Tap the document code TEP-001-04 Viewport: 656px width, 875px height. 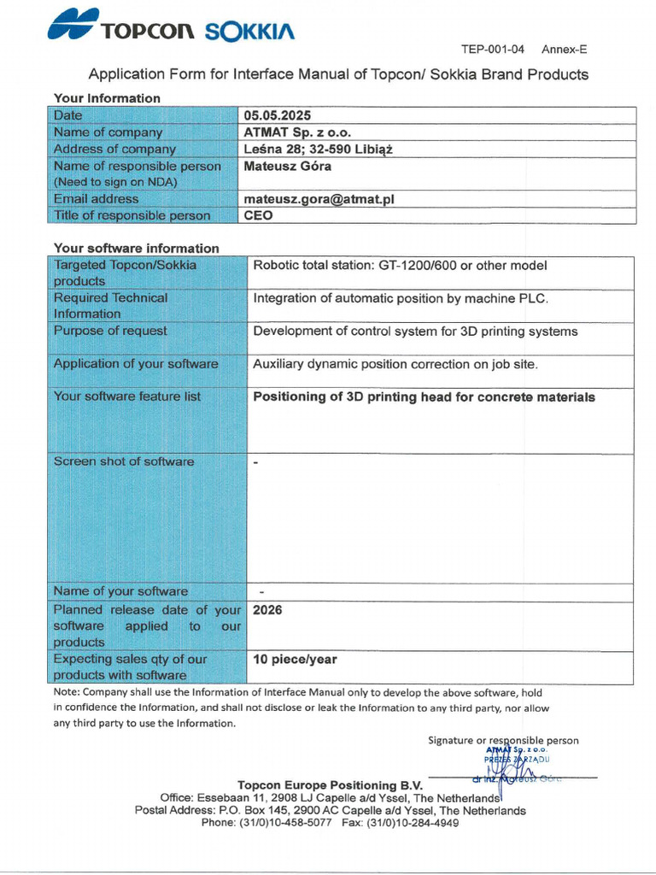click(x=493, y=50)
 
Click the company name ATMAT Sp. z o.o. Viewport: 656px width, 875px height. click(x=297, y=132)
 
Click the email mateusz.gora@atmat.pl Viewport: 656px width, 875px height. click(x=319, y=199)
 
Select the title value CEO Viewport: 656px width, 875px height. click(x=259, y=215)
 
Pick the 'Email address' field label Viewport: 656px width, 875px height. click(x=96, y=199)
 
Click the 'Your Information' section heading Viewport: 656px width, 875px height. click(x=107, y=98)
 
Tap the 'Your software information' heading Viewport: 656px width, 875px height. click(x=137, y=249)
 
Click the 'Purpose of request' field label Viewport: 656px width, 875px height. click(x=110, y=331)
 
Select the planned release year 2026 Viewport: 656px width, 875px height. click(x=267, y=611)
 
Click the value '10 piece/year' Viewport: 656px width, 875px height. click(x=295, y=660)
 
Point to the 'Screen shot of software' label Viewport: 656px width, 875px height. click(x=124, y=461)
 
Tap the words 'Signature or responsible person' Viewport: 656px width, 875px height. click(x=503, y=740)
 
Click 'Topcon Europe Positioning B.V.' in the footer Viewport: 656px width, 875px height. click(x=329, y=784)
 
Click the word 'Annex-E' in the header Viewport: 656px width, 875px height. click(x=564, y=50)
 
